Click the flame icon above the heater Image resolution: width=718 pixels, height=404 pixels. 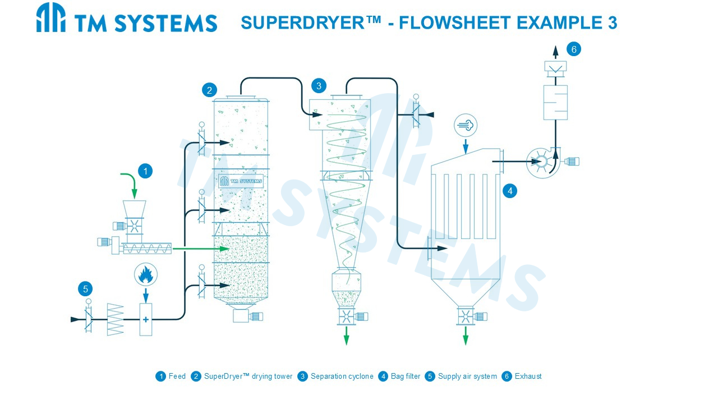click(146, 275)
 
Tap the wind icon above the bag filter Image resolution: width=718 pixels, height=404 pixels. click(466, 125)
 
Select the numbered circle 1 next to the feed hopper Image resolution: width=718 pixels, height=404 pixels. click(145, 171)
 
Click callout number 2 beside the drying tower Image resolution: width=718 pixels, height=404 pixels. click(209, 90)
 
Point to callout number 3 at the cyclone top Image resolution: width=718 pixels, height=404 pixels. click(319, 86)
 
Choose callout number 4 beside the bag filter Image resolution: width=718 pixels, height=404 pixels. click(510, 191)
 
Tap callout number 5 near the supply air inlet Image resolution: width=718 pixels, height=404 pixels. click(85, 289)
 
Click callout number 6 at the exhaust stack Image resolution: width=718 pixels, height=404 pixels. click(574, 49)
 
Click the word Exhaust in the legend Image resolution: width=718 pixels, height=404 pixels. click(528, 376)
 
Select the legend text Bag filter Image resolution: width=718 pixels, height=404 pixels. click(405, 376)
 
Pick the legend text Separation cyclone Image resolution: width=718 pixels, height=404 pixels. click(342, 376)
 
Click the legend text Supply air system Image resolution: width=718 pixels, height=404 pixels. click(467, 376)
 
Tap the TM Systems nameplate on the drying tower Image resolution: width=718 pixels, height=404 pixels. click(241, 181)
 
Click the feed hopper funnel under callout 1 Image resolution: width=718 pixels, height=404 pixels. click(134, 209)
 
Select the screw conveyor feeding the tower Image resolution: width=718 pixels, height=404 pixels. click(146, 248)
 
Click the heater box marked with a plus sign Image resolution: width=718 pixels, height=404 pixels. click(146, 319)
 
